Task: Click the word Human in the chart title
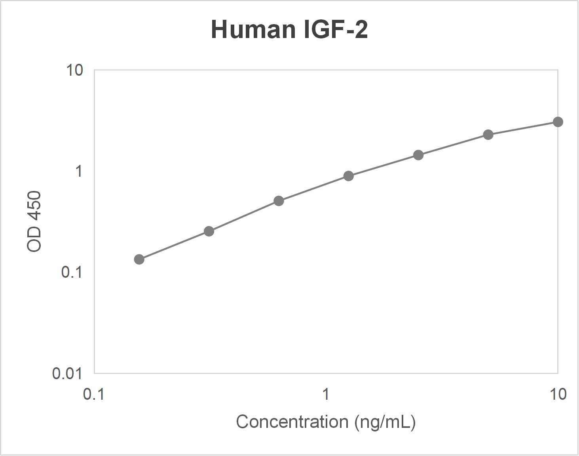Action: point(252,29)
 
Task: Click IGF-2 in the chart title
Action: point(336,29)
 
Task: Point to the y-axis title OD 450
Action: point(34,221)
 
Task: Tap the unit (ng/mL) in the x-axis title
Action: point(385,422)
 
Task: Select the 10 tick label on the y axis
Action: point(74,70)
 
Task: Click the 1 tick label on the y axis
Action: point(78,171)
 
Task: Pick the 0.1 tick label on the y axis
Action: point(72,272)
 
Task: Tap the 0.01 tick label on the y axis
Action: point(67,373)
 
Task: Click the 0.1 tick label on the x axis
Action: point(94,394)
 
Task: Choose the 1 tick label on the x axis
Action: point(326,394)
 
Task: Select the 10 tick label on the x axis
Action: point(558,394)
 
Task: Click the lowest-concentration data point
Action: point(139,259)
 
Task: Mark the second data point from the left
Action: point(209,231)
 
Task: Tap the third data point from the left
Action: point(279,201)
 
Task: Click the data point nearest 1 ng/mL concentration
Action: point(349,176)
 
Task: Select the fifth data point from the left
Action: point(418,155)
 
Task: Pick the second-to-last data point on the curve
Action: point(488,135)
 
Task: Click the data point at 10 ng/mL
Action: point(558,122)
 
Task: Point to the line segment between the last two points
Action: point(523,128)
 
